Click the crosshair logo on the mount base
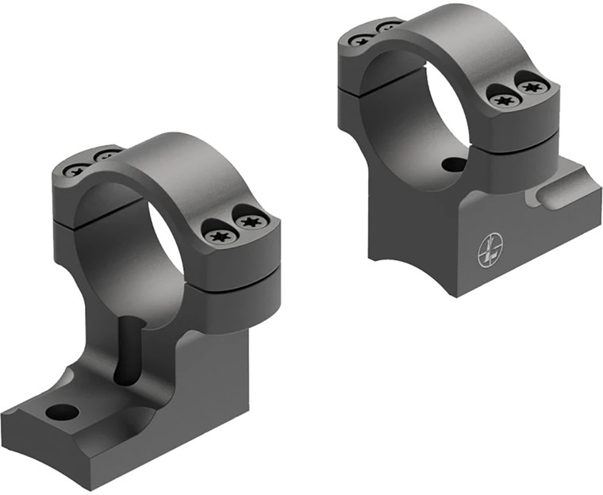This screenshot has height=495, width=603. pos(490,250)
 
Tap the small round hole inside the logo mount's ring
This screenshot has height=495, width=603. pos(454,165)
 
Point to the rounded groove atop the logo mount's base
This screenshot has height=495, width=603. pos(561,194)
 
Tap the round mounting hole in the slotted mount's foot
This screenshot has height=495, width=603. pos(62,412)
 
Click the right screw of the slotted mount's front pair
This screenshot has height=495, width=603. pos(250,221)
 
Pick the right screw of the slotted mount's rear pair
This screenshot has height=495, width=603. pos(107,155)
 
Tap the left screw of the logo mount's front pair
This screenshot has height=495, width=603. pos(504,99)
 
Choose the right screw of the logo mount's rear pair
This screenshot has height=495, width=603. pos(389,28)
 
